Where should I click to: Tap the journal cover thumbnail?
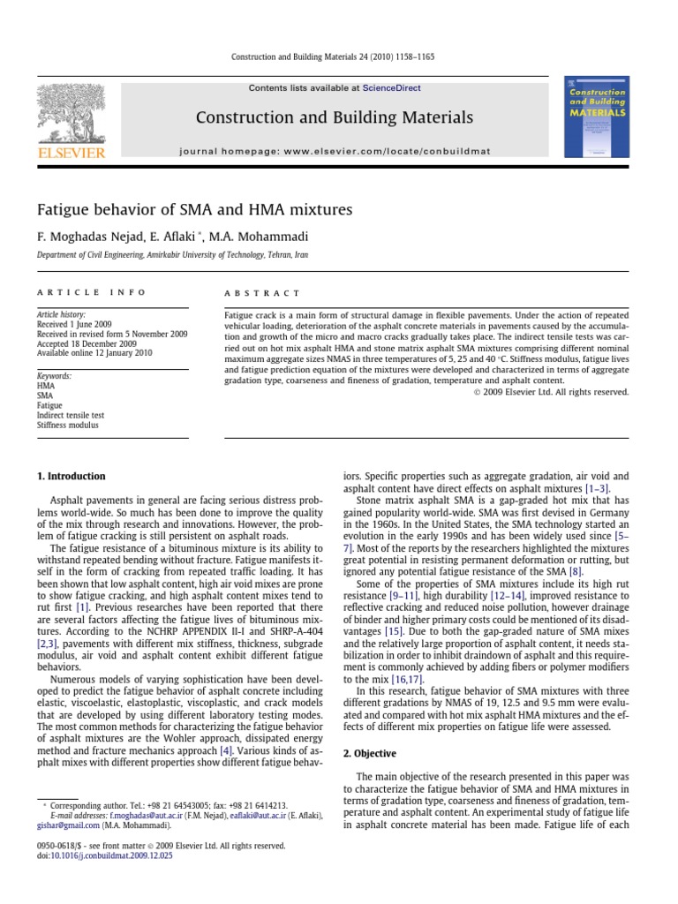coord(597,117)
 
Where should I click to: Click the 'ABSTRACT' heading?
coord(263,293)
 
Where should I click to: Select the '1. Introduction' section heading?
coord(71,476)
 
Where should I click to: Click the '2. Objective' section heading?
coord(371,753)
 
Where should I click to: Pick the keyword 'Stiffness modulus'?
coord(68,425)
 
